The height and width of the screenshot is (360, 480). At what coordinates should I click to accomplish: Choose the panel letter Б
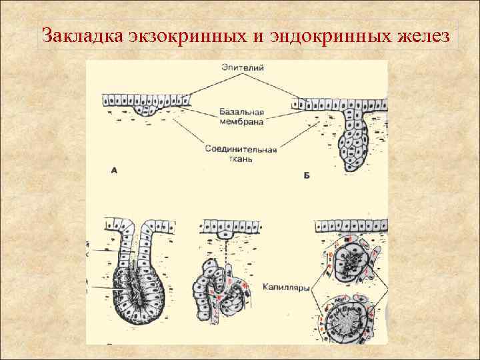pos(307,175)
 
